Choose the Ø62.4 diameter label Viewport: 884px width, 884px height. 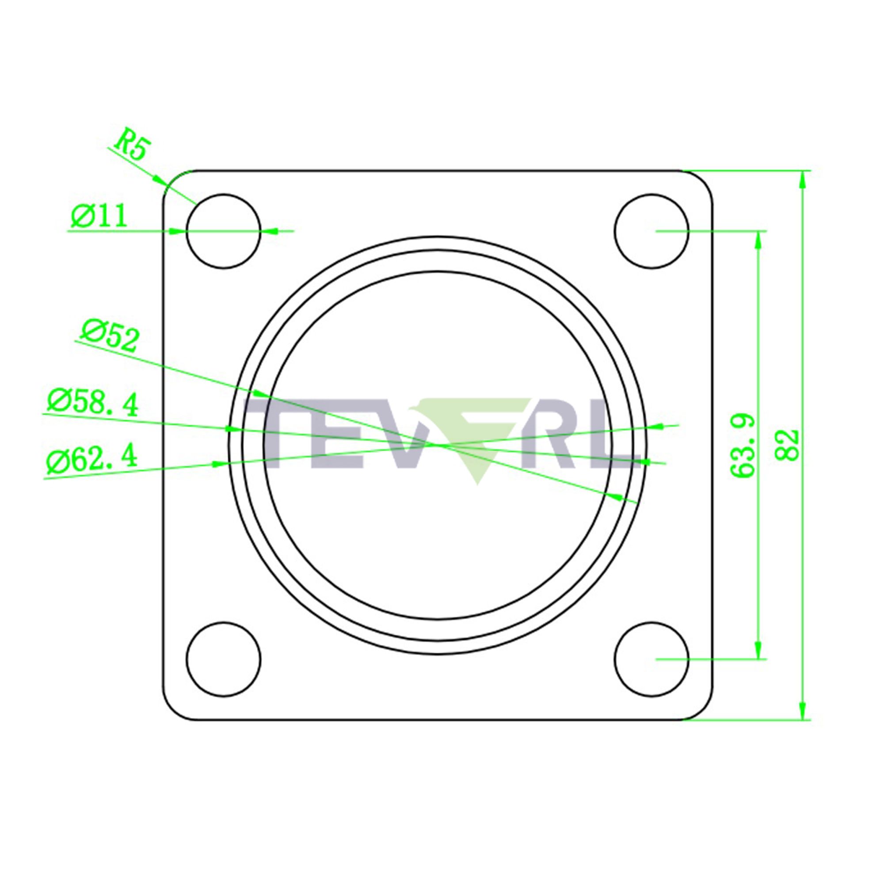click(x=92, y=458)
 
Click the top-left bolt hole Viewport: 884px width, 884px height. click(x=223, y=231)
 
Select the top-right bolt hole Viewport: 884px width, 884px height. click(x=652, y=231)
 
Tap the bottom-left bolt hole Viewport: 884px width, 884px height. click(x=224, y=659)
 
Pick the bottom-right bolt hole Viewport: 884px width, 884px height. click(x=652, y=659)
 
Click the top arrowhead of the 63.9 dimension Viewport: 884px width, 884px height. click(x=758, y=240)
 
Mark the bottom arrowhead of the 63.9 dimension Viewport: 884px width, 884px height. click(x=758, y=650)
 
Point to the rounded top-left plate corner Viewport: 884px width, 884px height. click(x=173, y=180)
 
